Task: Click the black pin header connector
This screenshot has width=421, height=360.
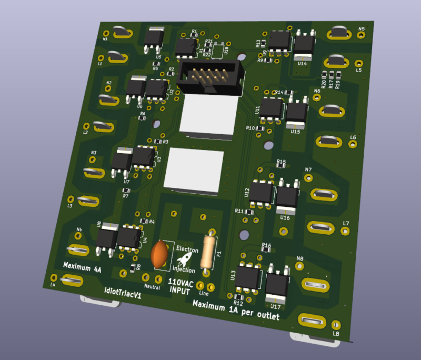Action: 210,77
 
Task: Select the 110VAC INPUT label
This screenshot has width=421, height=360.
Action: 181,287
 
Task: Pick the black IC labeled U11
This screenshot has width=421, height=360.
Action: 271,108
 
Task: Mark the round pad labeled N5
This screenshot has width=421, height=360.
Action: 361,35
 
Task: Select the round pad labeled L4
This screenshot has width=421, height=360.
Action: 53,278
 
